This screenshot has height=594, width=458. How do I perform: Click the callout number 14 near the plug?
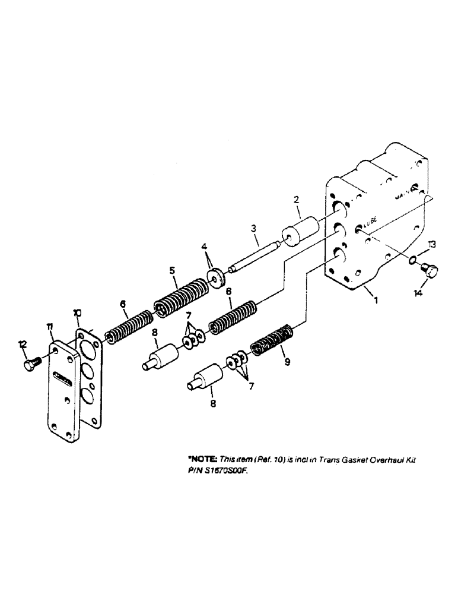pyautogui.click(x=419, y=293)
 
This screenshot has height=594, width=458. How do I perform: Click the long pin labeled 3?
pyautogui.click(x=253, y=255)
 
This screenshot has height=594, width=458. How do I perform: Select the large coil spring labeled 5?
pyautogui.click(x=180, y=296)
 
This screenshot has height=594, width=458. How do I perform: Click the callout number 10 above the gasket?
pyautogui.click(x=77, y=312)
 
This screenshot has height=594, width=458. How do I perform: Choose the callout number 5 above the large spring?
pyautogui.click(x=171, y=270)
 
